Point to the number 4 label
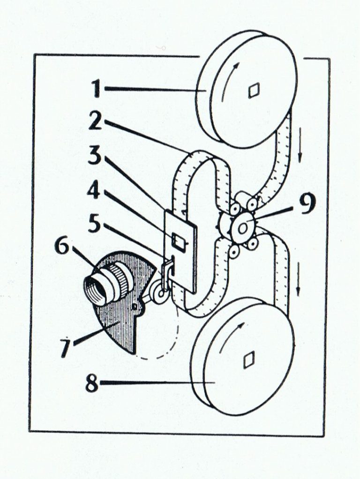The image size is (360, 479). point(95,190)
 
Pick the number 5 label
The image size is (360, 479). point(95,224)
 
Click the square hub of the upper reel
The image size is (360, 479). point(254,90)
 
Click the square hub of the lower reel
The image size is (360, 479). point(248,359)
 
